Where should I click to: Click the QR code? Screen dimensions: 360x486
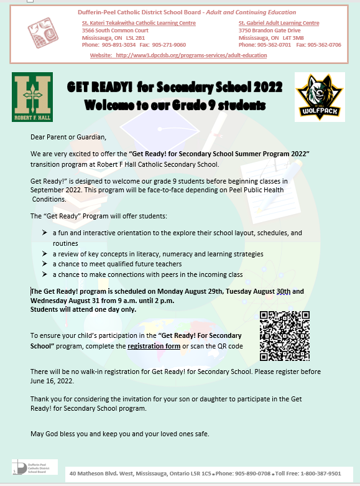284,335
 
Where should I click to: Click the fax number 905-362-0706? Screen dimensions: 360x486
326,45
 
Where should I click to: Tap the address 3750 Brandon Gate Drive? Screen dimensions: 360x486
269,30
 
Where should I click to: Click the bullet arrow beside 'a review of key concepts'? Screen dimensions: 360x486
45,254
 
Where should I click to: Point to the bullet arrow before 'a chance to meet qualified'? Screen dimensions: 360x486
45,264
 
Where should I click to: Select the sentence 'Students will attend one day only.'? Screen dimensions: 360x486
83,309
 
